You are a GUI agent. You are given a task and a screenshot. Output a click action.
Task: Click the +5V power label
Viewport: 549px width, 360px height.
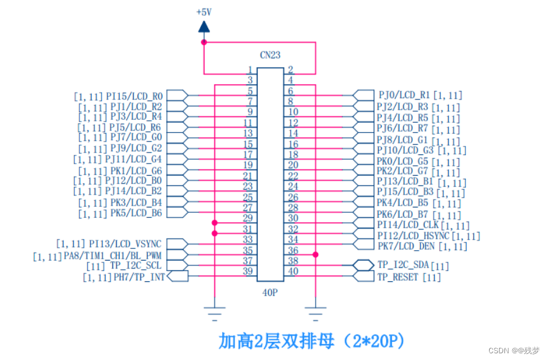(204, 12)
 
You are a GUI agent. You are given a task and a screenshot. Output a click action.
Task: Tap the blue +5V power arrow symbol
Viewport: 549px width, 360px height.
(204, 26)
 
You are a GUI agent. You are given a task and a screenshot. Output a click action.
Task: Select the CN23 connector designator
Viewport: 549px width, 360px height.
(270, 55)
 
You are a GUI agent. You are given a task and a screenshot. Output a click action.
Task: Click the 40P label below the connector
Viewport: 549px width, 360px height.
(270, 292)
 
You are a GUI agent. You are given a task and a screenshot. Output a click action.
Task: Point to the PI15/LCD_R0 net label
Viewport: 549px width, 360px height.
(134, 96)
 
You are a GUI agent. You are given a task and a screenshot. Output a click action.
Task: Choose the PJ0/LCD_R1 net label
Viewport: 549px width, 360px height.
(404, 95)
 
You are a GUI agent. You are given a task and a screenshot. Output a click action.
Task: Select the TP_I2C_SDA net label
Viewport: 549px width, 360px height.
(403, 265)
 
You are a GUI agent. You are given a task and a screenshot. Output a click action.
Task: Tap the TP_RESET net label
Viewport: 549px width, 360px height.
(398, 277)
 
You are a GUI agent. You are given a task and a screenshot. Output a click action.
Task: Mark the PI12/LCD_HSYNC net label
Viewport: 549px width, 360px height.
(413, 236)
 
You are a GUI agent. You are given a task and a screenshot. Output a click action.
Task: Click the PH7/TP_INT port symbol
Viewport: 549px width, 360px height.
(177, 277)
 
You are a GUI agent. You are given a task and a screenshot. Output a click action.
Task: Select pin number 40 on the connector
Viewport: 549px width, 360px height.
(293, 272)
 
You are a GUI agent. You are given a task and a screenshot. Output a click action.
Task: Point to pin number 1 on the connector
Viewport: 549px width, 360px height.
(250, 70)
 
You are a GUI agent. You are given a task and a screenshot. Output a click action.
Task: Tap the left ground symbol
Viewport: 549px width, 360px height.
(214, 314)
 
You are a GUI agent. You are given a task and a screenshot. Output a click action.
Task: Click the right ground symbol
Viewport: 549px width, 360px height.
(315, 314)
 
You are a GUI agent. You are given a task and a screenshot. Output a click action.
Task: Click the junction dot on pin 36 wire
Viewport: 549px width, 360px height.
(315, 254)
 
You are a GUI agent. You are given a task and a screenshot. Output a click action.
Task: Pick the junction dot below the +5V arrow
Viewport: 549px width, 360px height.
(204, 42)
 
